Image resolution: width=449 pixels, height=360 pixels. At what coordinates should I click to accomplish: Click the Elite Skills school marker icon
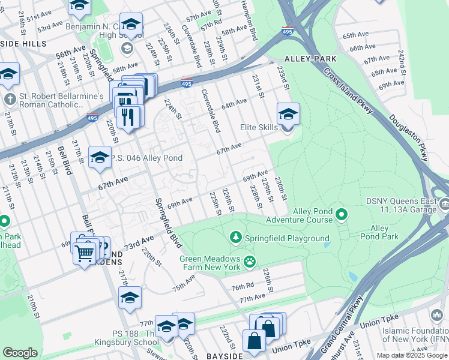(x=288, y=113)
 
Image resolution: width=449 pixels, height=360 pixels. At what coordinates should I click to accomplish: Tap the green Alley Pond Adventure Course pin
(x=342, y=214)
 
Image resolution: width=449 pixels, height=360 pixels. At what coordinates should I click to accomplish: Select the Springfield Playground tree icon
(x=235, y=238)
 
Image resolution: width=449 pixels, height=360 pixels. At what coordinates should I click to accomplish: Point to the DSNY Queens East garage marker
(x=444, y=205)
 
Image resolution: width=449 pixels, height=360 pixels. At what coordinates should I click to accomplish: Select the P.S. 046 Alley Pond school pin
(x=100, y=157)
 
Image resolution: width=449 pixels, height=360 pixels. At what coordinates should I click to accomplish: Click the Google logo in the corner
(x=20, y=353)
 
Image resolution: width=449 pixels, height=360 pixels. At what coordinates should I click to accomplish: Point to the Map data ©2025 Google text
(x=411, y=355)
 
